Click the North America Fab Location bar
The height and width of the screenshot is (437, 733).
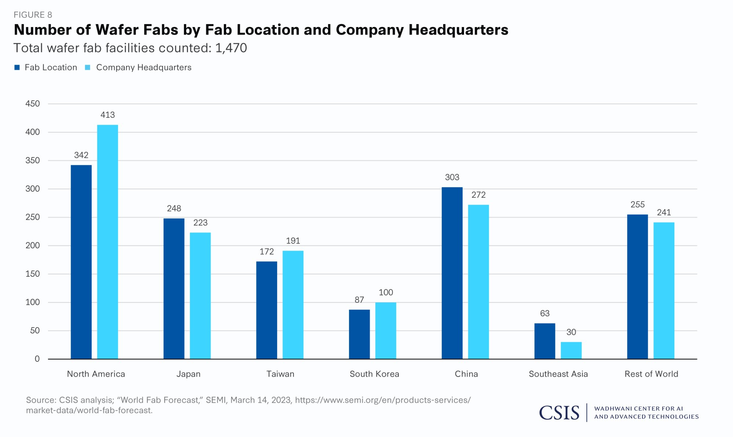point(81,262)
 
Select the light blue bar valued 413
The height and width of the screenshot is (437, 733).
point(107,242)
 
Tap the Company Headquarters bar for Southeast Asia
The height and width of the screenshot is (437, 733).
point(571,350)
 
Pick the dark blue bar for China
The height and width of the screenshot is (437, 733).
point(452,273)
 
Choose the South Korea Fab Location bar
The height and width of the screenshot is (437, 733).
point(359,334)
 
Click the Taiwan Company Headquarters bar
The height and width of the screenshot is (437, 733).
point(293,305)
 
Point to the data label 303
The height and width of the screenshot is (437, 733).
point(452,178)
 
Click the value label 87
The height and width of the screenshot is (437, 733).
point(359,300)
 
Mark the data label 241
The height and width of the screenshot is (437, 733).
point(664,212)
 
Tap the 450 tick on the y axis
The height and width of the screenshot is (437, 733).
point(33,104)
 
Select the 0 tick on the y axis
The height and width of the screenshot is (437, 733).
point(37,359)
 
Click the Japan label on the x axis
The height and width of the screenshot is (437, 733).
point(188,374)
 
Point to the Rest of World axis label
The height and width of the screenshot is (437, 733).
point(651,374)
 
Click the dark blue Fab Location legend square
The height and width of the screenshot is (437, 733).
point(17,67)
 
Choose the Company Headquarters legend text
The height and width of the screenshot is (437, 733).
point(144,67)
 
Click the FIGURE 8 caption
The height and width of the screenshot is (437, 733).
point(33,15)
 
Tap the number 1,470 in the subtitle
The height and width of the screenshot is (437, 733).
point(231,48)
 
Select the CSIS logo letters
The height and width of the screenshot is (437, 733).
point(559,413)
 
